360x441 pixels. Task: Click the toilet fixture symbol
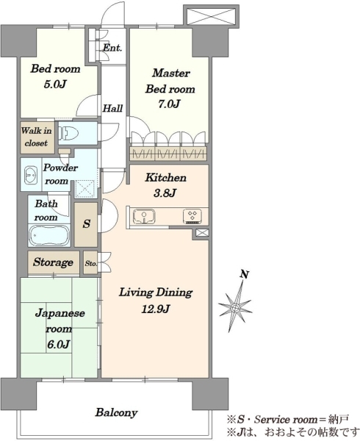(x=68, y=133)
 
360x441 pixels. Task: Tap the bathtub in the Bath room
(x=49, y=235)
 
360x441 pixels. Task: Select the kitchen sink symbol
(x=144, y=217)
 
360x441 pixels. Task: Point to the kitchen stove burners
(x=192, y=217)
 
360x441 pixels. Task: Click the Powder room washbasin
(x=31, y=175)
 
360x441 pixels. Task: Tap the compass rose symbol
(x=236, y=308)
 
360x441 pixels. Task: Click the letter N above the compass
(x=245, y=274)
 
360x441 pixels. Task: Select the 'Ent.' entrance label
(x=112, y=48)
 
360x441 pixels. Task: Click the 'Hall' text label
(x=112, y=108)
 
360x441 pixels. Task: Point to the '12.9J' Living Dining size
(x=156, y=309)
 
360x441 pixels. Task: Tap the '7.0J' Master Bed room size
(x=169, y=104)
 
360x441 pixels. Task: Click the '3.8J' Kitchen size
(x=165, y=193)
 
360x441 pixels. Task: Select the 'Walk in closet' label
(x=37, y=137)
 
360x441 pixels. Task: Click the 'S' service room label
(x=87, y=224)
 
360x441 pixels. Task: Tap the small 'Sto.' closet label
(x=91, y=264)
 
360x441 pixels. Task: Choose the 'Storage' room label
(x=53, y=262)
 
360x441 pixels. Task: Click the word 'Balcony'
(x=116, y=412)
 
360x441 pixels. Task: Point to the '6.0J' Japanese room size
(x=58, y=344)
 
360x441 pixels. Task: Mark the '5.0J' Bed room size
(x=55, y=84)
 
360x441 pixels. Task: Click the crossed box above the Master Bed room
(x=211, y=17)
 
